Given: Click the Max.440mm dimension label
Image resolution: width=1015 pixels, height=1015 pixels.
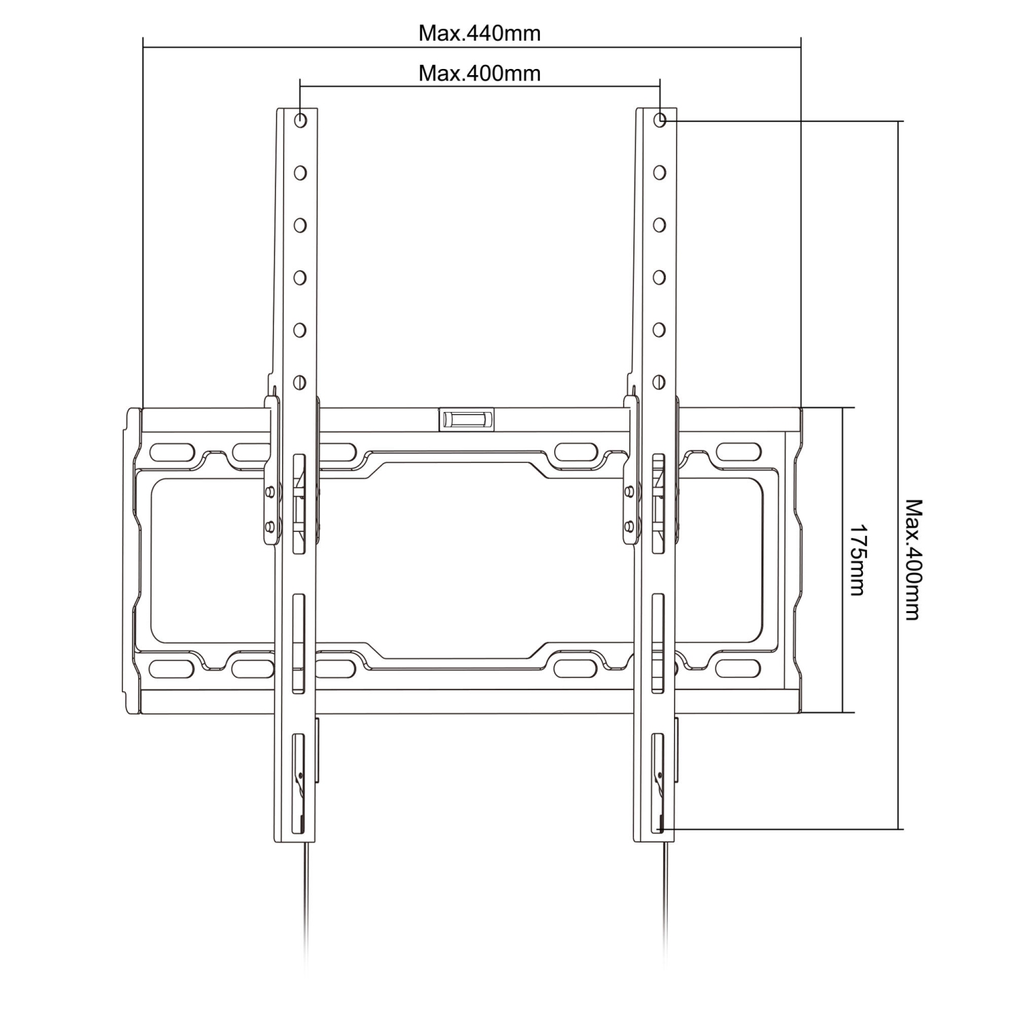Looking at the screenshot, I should click(479, 33).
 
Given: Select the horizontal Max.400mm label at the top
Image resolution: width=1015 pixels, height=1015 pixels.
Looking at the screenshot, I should click(479, 72).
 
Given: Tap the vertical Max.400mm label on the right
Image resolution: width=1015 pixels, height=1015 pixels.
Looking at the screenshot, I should click(913, 560).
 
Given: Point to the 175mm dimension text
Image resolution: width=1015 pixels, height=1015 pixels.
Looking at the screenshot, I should click(857, 560).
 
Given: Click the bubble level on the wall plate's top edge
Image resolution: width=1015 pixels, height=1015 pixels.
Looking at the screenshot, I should click(466, 419).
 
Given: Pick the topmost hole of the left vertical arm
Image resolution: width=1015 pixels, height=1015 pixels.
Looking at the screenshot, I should click(300, 120).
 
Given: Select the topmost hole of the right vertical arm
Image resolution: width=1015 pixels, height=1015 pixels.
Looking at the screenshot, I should click(660, 120).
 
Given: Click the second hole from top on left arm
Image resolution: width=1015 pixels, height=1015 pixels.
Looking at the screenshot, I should click(300, 173).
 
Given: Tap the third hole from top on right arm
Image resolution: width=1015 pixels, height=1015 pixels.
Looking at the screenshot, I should click(660, 225).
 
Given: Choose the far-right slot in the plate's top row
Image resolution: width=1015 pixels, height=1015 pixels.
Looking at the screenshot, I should click(739, 451).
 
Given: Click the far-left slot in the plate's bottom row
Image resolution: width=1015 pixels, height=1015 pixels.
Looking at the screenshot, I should click(172, 669).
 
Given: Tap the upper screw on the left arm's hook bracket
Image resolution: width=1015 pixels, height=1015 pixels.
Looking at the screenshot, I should click(271, 491).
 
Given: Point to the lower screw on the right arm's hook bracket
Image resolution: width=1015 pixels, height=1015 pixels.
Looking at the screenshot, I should click(630, 524).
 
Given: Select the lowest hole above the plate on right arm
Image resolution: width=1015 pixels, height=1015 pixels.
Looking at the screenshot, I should click(660, 382).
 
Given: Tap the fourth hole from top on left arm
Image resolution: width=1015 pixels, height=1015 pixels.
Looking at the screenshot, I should click(300, 277).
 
